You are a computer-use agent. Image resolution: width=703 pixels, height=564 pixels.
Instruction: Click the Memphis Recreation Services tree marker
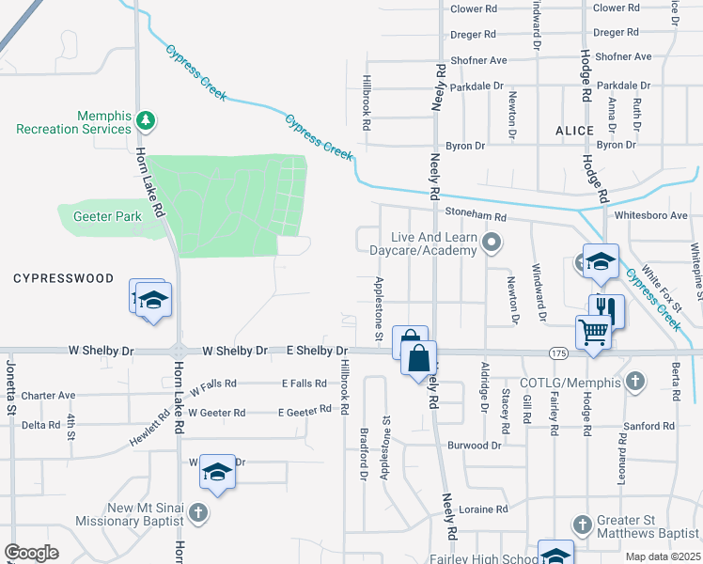click(145, 120)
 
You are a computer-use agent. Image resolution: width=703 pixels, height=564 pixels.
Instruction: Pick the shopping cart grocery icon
click(593, 332)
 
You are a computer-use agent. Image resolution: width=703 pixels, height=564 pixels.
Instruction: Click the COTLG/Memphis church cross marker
click(635, 382)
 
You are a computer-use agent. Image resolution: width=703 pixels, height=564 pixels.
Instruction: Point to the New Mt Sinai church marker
click(197, 513)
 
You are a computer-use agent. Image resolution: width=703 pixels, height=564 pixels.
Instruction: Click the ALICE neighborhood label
click(574, 131)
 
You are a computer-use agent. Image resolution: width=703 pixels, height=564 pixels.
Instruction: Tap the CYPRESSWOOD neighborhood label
click(63, 279)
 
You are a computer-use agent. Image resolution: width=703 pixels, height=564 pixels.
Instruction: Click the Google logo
click(31, 553)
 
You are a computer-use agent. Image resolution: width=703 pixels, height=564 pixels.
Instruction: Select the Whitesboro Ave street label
click(651, 215)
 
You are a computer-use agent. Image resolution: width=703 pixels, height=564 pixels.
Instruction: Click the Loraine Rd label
click(485, 509)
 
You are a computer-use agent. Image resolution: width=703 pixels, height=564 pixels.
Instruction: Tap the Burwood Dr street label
click(475, 445)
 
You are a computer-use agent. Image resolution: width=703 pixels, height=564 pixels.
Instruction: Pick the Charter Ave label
click(48, 396)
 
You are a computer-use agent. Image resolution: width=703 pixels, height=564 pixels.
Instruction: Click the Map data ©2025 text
click(663, 556)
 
